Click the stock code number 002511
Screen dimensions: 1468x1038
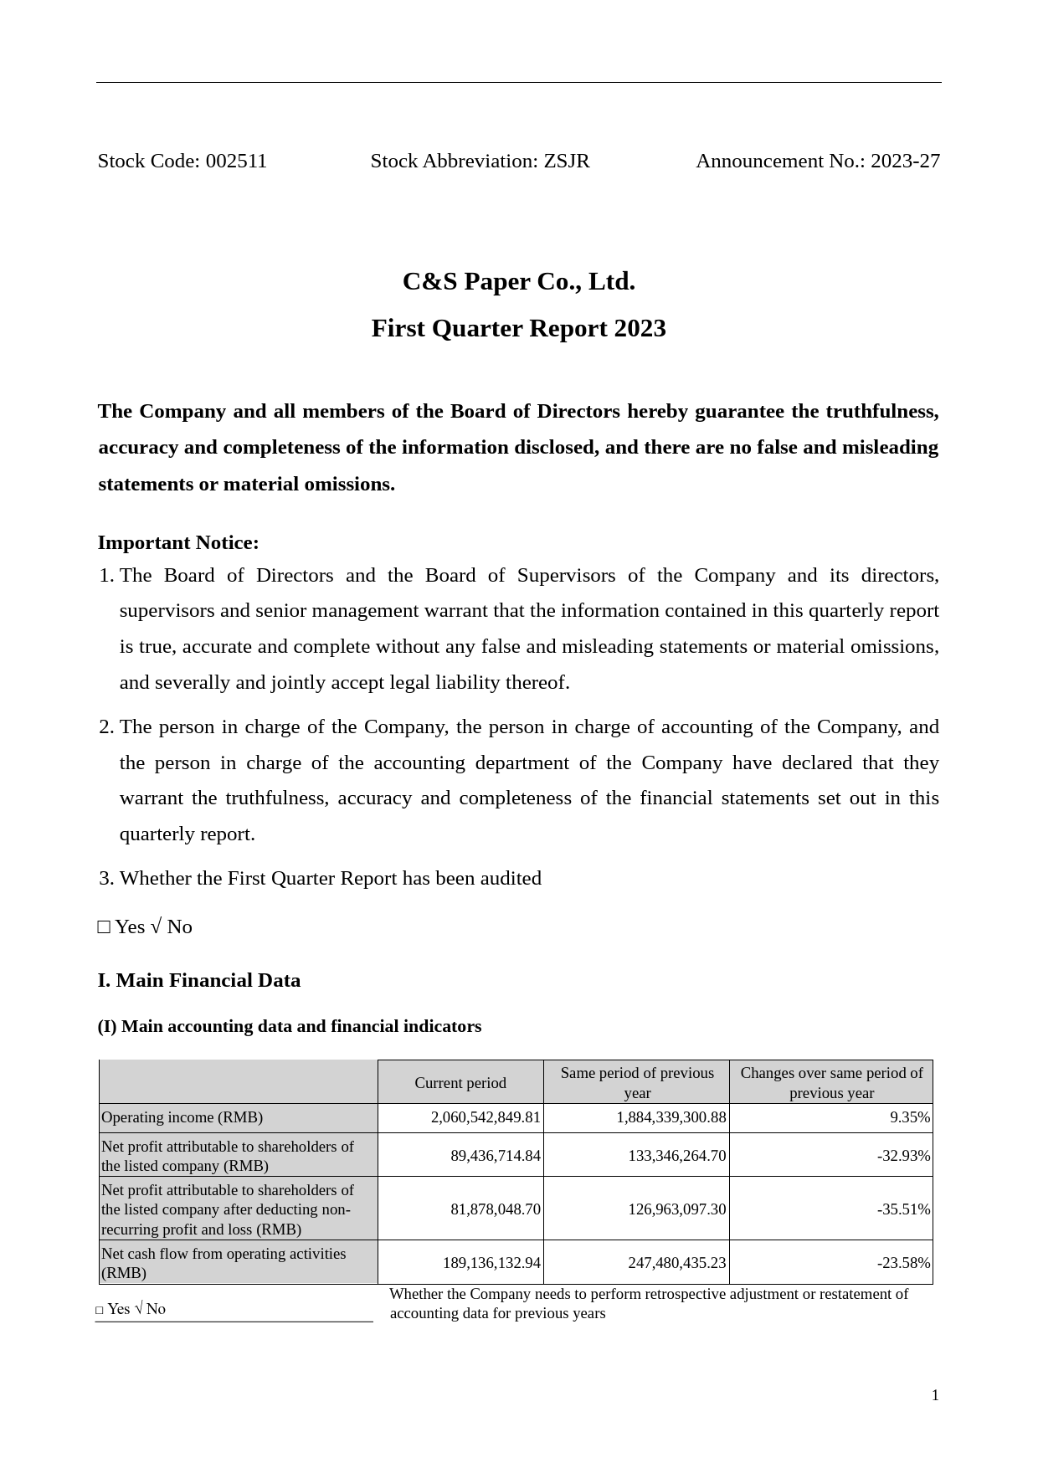[x=236, y=162]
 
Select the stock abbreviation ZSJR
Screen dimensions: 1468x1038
[x=567, y=162]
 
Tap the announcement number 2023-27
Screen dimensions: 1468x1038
[x=905, y=162]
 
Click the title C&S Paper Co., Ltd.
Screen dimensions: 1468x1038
[x=518, y=282]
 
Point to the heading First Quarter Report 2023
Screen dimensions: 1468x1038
[x=518, y=329]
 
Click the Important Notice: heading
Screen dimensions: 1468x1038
[x=178, y=543]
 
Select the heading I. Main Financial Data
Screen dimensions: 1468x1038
[x=199, y=981]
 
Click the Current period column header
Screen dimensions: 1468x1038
[x=460, y=1083]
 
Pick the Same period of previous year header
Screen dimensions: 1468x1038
[x=637, y=1083]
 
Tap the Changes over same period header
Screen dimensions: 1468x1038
[x=831, y=1083]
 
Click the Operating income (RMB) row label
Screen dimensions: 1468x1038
[x=182, y=1118]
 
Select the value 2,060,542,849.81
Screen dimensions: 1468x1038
[x=486, y=1118]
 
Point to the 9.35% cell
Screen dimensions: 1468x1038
[x=910, y=1118]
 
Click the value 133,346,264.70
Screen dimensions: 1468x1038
[x=677, y=1156]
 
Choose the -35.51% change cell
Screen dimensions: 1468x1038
[x=903, y=1209]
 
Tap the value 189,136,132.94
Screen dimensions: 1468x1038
[x=491, y=1263]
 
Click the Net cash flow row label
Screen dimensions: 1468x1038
[x=224, y=1263]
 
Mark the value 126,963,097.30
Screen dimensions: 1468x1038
[x=677, y=1209]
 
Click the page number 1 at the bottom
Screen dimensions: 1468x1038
[x=935, y=1395]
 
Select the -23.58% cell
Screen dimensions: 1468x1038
[x=903, y=1263]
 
